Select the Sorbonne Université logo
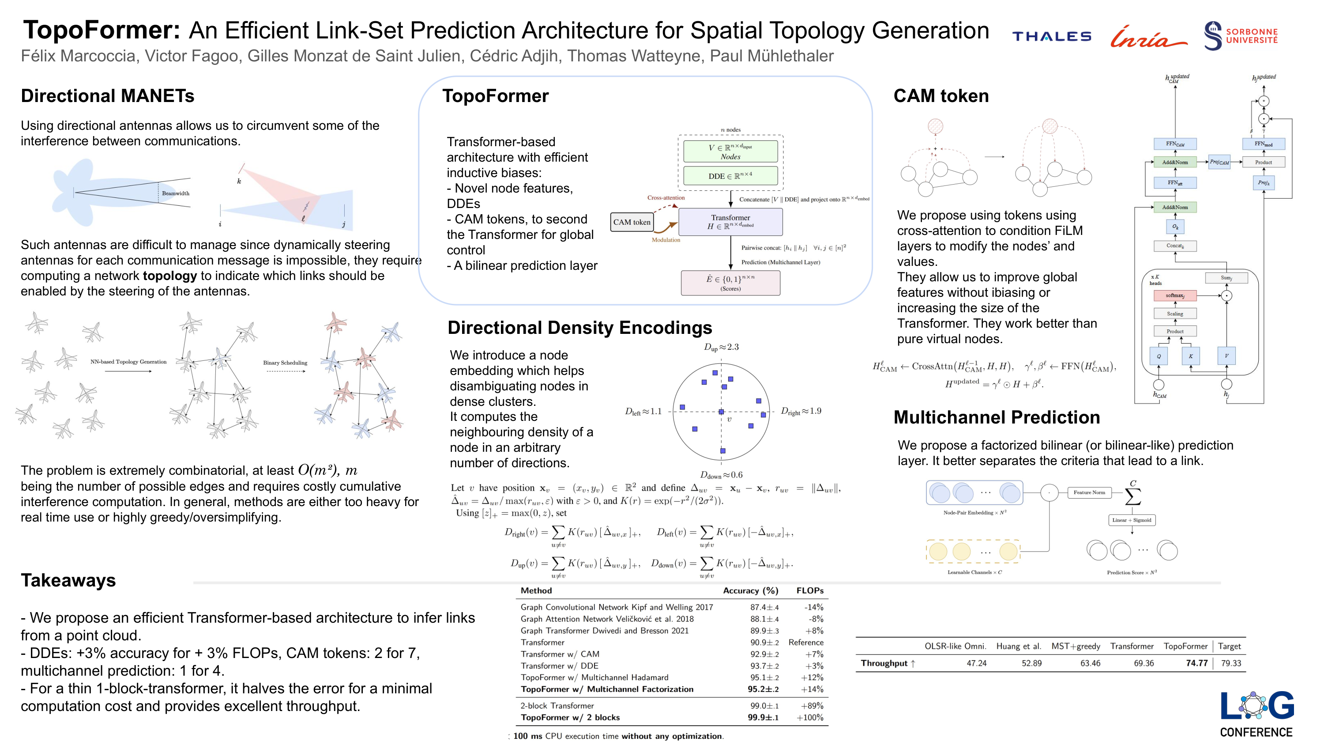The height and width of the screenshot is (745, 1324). (x=1240, y=36)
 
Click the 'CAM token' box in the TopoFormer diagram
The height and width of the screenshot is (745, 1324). (x=631, y=222)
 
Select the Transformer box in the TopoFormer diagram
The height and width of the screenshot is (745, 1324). (x=730, y=222)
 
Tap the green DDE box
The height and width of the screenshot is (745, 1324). (x=730, y=176)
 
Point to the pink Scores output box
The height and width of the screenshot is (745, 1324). (x=730, y=283)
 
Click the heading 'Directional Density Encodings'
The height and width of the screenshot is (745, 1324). (x=579, y=328)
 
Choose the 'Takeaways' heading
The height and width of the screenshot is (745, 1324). (x=68, y=580)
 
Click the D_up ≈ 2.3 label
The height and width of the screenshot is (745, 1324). (x=721, y=348)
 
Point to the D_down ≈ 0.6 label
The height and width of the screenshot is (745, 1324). (x=721, y=475)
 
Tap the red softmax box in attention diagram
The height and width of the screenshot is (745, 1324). (x=1174, y=295)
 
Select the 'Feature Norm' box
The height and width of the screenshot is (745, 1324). (x=1089, y=492)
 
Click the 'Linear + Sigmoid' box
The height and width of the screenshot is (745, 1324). (x=1131, y=520)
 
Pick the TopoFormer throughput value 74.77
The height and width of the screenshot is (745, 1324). (x=1196, y=663)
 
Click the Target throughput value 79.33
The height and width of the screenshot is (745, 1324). (x=1230, y=663)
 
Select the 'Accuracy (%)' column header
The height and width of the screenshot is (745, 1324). (x=750, y=591)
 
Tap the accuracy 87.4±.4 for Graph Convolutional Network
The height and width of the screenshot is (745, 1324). (x=764, y=607)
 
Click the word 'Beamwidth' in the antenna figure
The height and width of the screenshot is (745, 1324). (x=175, y=193)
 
